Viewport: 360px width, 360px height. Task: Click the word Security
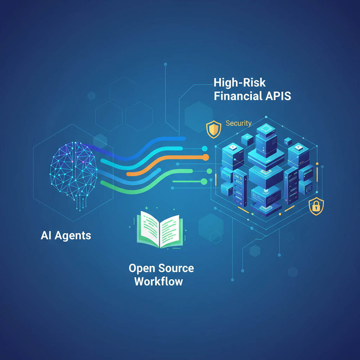click(x=239, y=123)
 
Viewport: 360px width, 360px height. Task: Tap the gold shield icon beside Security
click(x=213, y=129)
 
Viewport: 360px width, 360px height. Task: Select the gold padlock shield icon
click(x=316, y=206)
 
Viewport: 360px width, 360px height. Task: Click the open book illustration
click(x=160, y=230)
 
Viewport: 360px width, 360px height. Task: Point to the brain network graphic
click(x=73, y=174)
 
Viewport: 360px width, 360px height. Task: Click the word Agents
click(x=73, y=236)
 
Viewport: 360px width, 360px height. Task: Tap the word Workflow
click(x=159, y=281)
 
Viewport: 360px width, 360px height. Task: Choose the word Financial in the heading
click(x=238, y=96)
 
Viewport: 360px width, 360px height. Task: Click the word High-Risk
click(x=240, y=83)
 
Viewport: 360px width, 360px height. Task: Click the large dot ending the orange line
click(x=205, y=157)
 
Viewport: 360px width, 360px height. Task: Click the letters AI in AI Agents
click(x=46, y=235)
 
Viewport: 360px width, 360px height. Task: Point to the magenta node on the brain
click(x=83, y=162)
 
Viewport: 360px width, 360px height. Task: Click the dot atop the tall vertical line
click(x=165, y=64)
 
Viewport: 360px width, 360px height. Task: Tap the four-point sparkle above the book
click(x=147, y=208)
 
